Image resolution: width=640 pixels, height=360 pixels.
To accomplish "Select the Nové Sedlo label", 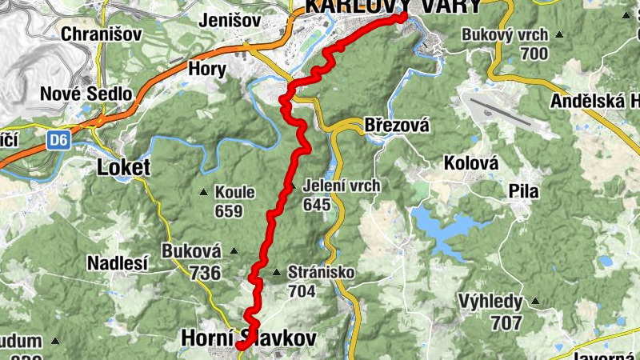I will click(86, 94).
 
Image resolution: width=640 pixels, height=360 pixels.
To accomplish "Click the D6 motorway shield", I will click(56, 140).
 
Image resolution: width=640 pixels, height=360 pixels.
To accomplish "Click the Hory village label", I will click(206, 69).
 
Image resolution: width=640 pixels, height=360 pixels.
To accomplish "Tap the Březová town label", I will click(397, 126).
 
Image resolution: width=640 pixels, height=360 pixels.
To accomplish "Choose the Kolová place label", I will click(471, 163).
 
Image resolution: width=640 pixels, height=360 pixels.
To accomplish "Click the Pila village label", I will click(524, 192).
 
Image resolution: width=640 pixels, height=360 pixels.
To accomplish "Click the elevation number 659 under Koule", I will click(229, 211).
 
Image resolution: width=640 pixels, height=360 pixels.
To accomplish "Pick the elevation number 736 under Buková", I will click(205, 273).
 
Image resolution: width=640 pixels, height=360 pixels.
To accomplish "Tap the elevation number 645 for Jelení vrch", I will click(317, 204).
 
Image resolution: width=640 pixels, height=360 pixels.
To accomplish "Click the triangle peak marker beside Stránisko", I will click(277, 273).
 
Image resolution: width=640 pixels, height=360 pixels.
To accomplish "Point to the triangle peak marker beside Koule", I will click(205, 192).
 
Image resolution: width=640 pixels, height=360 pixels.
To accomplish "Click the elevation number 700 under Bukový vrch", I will click(534, 54).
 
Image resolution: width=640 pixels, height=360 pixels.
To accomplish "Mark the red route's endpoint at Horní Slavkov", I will click(240, 346).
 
